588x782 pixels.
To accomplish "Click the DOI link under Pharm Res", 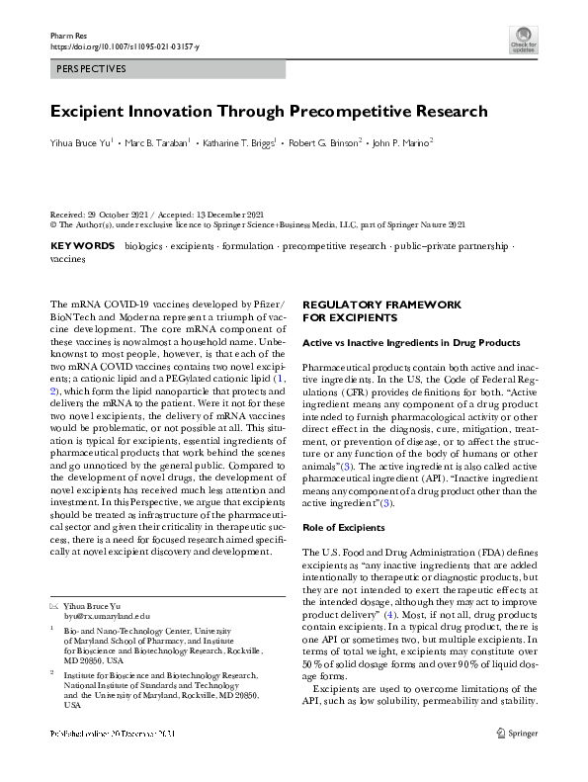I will click(124, 46).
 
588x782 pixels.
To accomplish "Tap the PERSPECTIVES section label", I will click(88, 69).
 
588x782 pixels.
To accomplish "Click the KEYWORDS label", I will click(82, 244).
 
